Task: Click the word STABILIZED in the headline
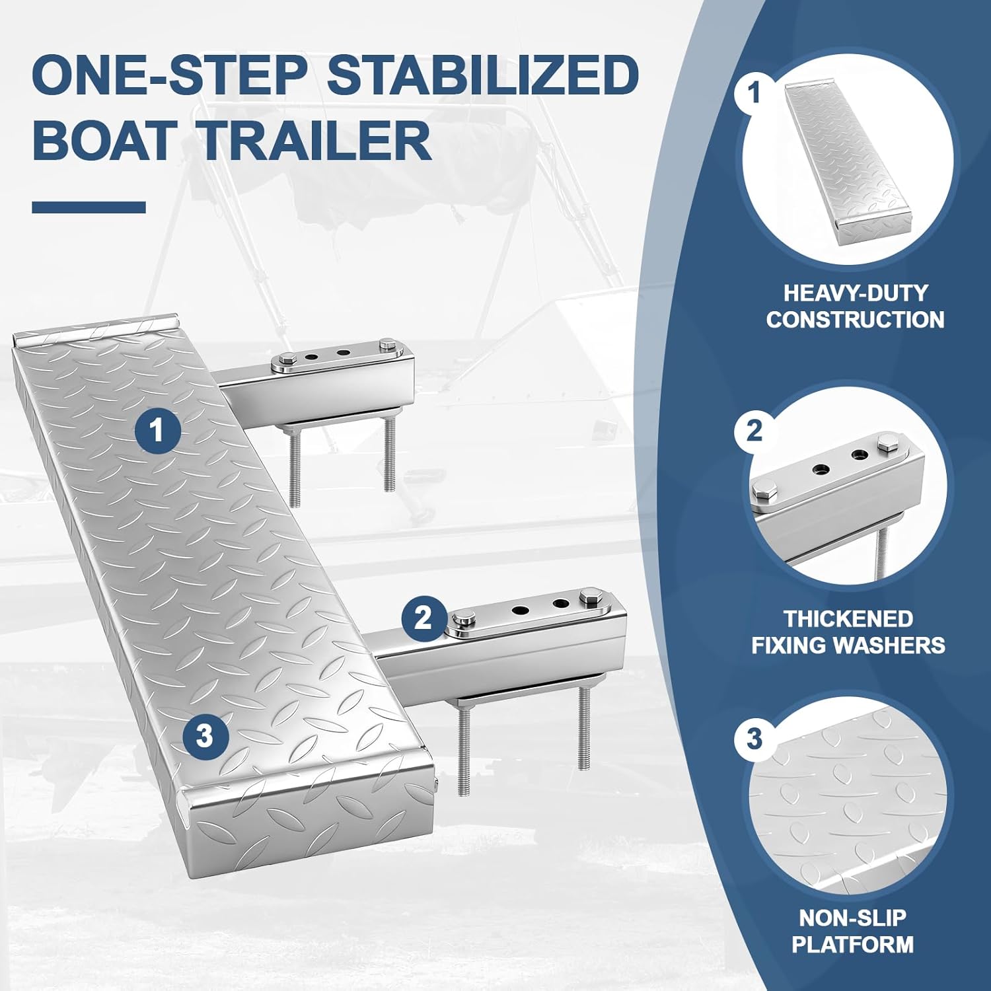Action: point(482,75)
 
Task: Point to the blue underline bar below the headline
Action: point(89,207)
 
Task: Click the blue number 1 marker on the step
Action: point(157,431)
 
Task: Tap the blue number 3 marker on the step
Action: point(205,735)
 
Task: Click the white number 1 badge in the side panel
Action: point(754,93)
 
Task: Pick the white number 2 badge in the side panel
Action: point(754,431)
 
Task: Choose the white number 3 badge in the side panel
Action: point(754,738)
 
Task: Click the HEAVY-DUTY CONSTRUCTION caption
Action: point(855,307)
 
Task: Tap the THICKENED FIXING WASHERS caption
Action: point(848,632)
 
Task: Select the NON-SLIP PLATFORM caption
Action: point(852,931)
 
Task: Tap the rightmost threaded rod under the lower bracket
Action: point(583,727)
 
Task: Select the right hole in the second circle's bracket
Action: point(860,455)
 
